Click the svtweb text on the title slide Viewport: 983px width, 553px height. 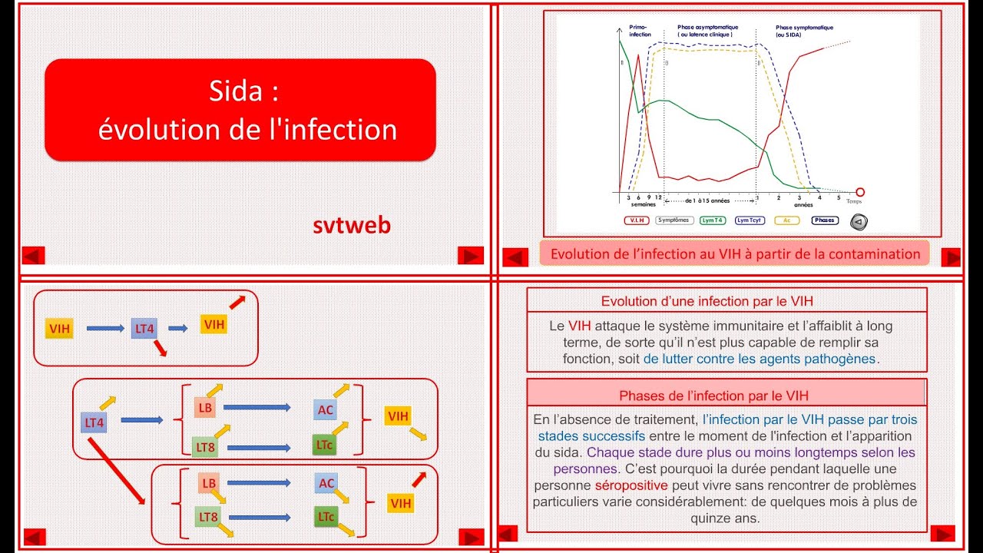352,225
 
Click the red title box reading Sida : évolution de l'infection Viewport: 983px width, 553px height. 240,110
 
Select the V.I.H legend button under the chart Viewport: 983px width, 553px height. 637,220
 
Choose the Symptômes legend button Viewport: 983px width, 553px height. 674,220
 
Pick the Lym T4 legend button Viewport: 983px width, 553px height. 712,220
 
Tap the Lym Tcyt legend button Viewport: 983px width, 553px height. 750,220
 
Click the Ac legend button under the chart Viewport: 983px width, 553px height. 786,220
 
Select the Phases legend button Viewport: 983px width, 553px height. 824,220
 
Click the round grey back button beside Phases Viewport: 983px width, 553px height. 859,222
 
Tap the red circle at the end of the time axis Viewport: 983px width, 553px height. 860,192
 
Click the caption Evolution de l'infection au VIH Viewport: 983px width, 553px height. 735,253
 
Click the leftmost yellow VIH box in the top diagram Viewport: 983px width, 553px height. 60,329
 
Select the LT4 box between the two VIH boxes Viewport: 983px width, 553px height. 144,328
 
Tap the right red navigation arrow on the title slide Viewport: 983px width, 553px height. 470,255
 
